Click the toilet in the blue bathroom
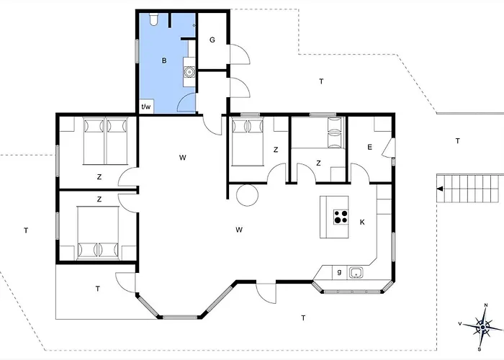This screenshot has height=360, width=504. pyautogui.click(x=154, y=19)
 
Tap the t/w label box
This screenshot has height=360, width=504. pyautogui.click(x=146, y=107)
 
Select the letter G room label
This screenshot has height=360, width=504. pyautogui.click(x=212, y=40)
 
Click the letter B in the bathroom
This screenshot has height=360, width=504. pyautogui.click(x=164, y=60)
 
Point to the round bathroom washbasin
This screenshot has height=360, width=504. pyautogui.click(x=189, y=72)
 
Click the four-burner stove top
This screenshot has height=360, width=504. pyautogui.click(x=341, y=217)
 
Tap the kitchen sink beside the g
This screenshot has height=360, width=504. pyautogui.click(x=356, y=273)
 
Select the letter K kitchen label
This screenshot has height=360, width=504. pyautogui.click(x=362, y=222)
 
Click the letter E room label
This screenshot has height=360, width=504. pyautogui.click(x=369, y=147)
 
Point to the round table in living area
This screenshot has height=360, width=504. pyautogui.click(x=247, y=195)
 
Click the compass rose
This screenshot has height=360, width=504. pyautogui.click(x=482, y=327)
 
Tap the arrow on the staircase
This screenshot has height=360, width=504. pyautogui.click(x=440, y=189)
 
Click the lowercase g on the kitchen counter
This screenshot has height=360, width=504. pyautogui.click(x=339, y=272)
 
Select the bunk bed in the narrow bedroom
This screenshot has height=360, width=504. pyautogui.click(x=335, y=132)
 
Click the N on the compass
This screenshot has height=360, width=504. pyautogui.click(x=486, y=305)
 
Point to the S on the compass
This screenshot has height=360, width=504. pyautogui.click(x=480, y=349)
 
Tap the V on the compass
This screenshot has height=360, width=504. pyautogui.click(x=460, y=324)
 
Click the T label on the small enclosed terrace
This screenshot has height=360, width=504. pyautogui.click(x=98, y=289)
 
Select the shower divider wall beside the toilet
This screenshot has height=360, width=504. pyautogui.click(x=170, y=21)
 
